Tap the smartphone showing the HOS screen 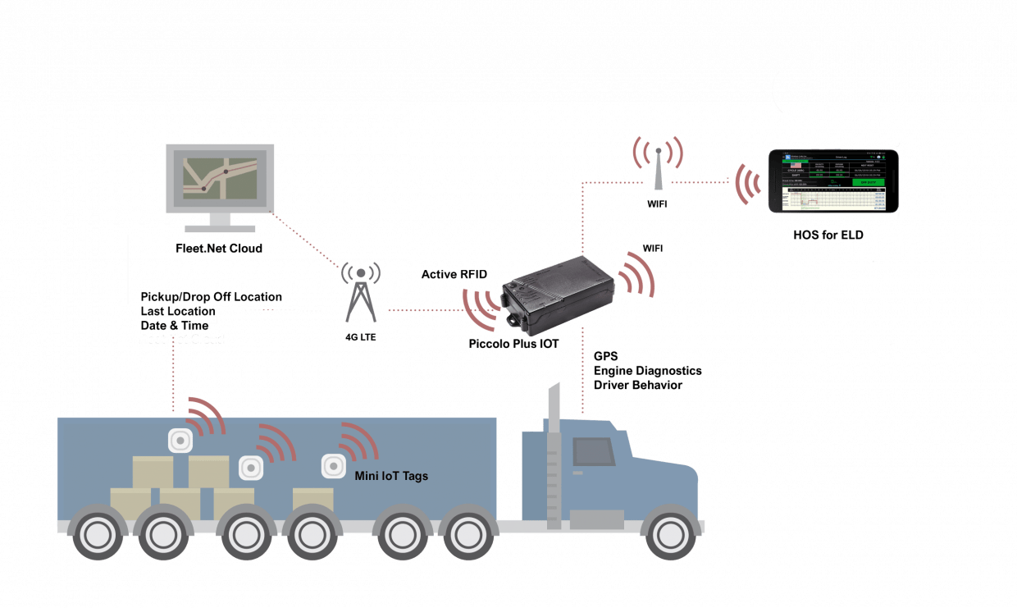pyautogui.click(x=832, y=182)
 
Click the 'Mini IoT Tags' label pyautogui.click(x=391, y=476)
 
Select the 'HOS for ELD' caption pyautogui.click(x=828, y=235)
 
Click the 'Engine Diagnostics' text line pyautogui.click(x=647, y=371)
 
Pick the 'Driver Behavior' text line pyautogui.click(x=637, y=385)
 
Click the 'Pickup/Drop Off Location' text pyautogui.click(x=212, y=296)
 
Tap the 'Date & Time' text pyautogui.click(x=175, y=325)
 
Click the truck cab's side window pyautogui.click(x=593, y=452)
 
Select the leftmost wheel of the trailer pyautogui.click(x=98, y=535)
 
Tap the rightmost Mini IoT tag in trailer pyautogui.click(x=332, y=466)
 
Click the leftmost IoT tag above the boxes pyautogui.click(x=180, y=441)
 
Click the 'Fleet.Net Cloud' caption pyautogui.click(x=219, y=248)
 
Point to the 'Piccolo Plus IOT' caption pyautogui.click(x=513, y=344)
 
